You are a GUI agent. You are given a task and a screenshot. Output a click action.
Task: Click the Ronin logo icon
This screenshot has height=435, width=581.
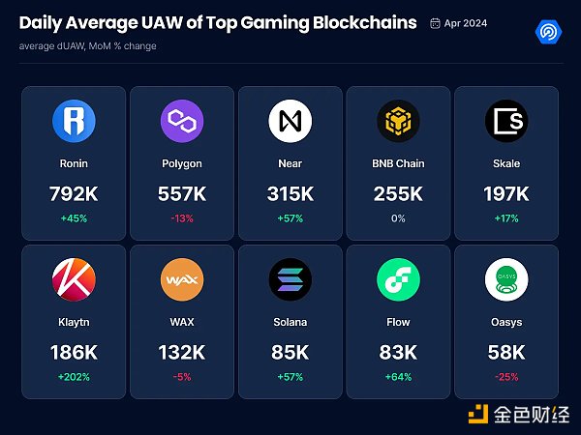pyautogui.click(x=74, y=121)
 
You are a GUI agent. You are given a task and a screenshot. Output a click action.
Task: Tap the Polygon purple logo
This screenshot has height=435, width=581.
pyautogui.click(x=182, y=121)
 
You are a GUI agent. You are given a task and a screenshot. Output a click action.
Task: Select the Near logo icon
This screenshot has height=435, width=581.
pyautogui.click(x=290, y=121)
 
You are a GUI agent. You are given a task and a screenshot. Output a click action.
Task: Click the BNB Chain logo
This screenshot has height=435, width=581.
pyautogui.click(x=398, y=121)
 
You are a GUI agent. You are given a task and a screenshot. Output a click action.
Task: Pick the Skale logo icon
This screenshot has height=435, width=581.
pyautogui.click(x=506, y=121)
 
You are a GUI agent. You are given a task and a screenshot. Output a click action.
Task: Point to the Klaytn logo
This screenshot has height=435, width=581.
pyautogui.click(x=74, y=279)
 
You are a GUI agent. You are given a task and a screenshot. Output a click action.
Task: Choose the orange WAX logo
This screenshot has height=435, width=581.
pyautogui.click(x=182, y=279)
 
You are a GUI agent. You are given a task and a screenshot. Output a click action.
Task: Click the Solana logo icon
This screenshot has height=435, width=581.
pyautogui.click(x=290, y=279)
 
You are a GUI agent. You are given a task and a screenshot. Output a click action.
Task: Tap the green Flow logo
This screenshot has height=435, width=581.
pyautogui.click(x=398, y=279)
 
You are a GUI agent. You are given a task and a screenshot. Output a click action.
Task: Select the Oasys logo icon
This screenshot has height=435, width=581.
pyautogui.click(x=506, y=279)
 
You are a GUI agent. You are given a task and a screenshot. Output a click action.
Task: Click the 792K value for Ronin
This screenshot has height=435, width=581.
pyautogui.click(x=74, y=193)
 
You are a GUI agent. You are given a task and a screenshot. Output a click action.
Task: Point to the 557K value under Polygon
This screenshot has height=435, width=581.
pyautogui.click(x=182, y=193)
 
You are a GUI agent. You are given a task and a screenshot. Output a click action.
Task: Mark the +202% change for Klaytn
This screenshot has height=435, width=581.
pyautogui.click(x=74, y=376)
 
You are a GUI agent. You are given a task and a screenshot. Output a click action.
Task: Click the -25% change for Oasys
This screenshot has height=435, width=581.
pyautogui.click(x=506, y=376)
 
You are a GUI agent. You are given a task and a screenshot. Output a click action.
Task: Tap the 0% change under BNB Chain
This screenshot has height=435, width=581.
pyautogui.click(x=398, y=217)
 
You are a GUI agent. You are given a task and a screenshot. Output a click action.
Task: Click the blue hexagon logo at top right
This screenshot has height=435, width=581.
pyautogui.click(x=548, y=32)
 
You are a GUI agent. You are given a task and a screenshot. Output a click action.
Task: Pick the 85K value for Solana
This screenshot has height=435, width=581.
pyautogui.click(x=290, y=352)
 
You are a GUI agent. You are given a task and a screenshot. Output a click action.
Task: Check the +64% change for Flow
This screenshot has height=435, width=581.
pyautogui.click(x=398, y=376)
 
